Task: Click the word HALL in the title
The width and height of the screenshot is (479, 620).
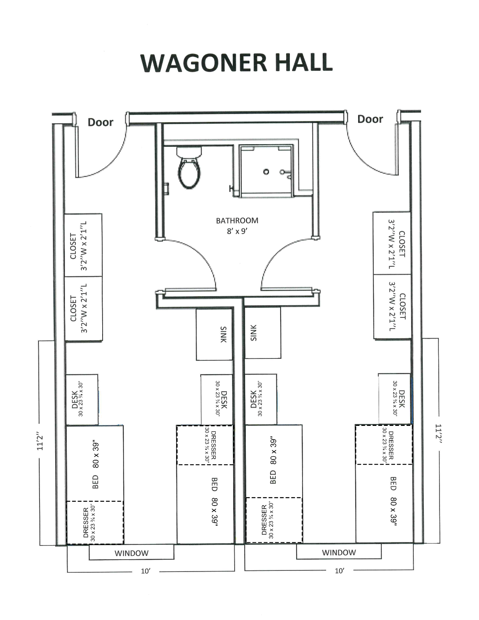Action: [x=304, y=63]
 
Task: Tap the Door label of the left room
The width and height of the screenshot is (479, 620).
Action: [x=100, y=122]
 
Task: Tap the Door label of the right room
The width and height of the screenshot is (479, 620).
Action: [x=370, y=119]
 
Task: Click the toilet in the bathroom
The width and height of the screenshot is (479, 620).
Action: [x=190, y=170]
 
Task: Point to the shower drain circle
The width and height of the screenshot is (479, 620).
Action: [x=266, y=172]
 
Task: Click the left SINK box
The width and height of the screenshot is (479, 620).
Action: [x=215, y=334]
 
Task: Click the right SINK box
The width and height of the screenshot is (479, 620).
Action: [x=263, y=333]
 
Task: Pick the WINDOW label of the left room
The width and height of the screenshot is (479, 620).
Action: [x=131, y=553]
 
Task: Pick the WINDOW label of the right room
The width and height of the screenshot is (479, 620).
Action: [x=339, y=553]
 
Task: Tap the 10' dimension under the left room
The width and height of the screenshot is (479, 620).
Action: [x=145, y=571]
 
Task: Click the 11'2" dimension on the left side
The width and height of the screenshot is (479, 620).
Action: [x=40, y=443]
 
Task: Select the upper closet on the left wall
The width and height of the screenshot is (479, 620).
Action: [x=83, y=245]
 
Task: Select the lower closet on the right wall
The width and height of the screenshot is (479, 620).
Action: [x=392, y=307]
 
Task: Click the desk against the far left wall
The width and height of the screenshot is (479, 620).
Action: [x=82, y=399]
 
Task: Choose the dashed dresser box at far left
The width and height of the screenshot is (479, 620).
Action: [x=95, y=522]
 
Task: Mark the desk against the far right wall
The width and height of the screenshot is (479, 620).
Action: [x=395, y=398]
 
